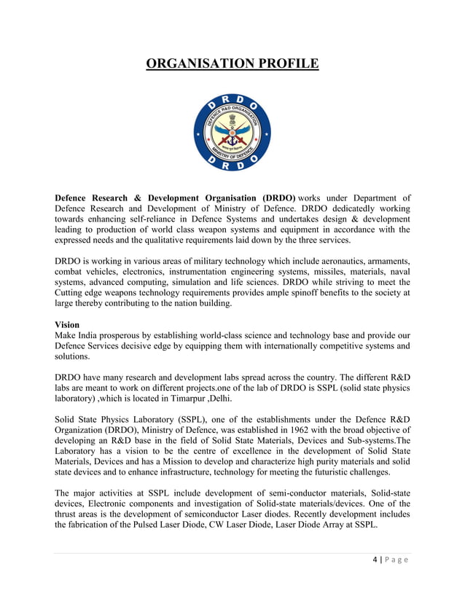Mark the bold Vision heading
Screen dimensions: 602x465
pyautogui.click(x=68, y=324)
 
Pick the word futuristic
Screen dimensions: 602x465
pyautogui.click(x=337, y=472)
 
